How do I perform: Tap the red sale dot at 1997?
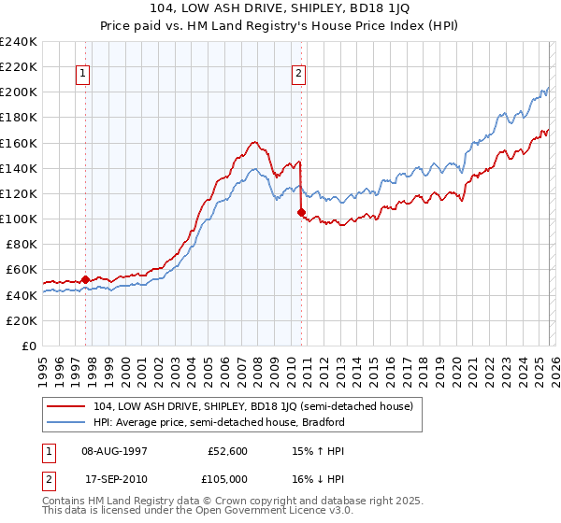(85, 278)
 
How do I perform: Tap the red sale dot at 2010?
(301, 212)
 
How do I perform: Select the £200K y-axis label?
(19, 92)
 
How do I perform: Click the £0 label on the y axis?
(28, 346)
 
